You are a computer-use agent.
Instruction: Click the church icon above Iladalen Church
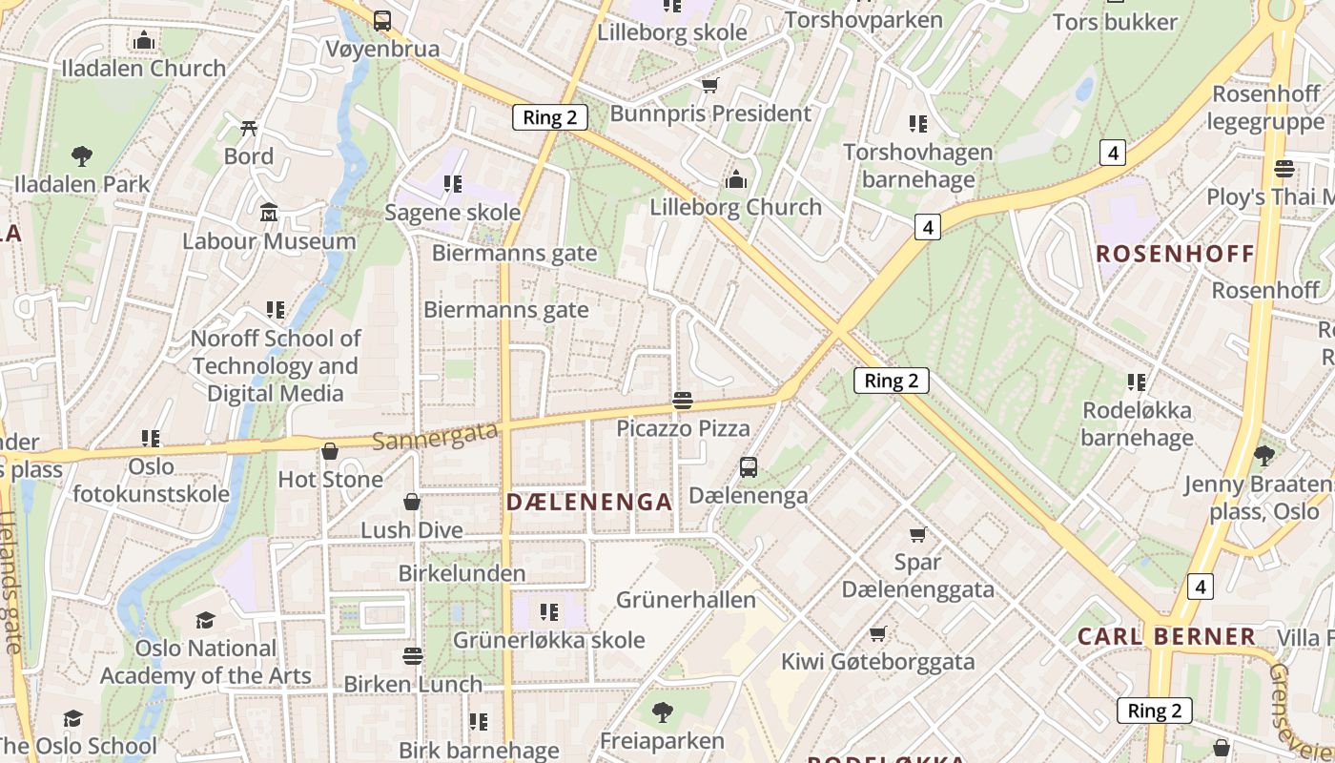[x=144, y=40]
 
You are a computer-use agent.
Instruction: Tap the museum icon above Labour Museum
[x=269, y=212]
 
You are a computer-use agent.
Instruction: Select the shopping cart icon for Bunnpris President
[x=709, y=86]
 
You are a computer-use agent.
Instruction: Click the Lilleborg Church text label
[x=735, y=207]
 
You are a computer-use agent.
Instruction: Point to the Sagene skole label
[x=452, y=212]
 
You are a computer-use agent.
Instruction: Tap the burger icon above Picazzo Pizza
[x=682, y=400]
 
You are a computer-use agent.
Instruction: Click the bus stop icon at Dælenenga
[x=749, y=467]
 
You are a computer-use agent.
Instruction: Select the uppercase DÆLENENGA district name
[x=589, y=502]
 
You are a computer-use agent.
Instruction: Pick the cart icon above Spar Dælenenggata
[x=917, y=534]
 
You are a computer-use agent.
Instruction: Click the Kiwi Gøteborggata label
[x=878, y=662]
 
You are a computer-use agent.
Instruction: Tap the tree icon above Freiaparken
[x=662, y=711]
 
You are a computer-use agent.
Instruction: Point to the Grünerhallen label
[x=686, y=600]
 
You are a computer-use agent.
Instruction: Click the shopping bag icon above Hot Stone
[x=330, y=450]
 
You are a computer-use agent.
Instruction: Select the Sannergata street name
[x=435, y=436]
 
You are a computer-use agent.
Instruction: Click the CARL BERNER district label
[x=1166, y=636]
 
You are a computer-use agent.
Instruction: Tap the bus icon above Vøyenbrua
[x=382, y=20]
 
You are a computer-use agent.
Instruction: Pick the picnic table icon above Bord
[x=249, y=127]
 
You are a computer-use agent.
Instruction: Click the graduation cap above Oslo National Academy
[x=205, y=620]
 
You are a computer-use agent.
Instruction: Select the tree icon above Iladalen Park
[x=82, y=155]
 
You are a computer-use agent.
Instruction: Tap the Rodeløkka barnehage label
[x=1137, y=424]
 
